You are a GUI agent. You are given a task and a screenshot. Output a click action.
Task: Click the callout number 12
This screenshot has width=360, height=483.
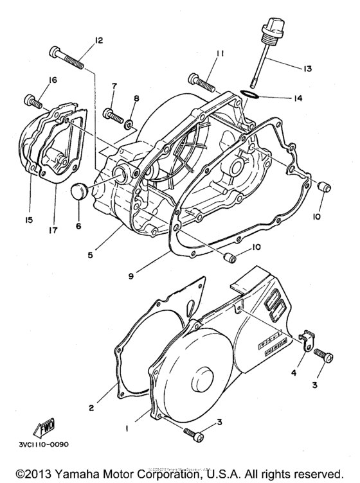(98, 40)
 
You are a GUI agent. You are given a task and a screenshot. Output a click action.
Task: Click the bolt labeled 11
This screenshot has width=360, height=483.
(202, 82)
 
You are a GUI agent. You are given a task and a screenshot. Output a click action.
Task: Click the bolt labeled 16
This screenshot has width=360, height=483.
(32, 100)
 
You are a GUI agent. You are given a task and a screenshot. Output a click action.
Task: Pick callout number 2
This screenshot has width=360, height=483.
(91, 407)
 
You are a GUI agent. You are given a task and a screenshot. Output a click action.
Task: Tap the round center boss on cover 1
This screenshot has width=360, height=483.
(203, 375)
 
